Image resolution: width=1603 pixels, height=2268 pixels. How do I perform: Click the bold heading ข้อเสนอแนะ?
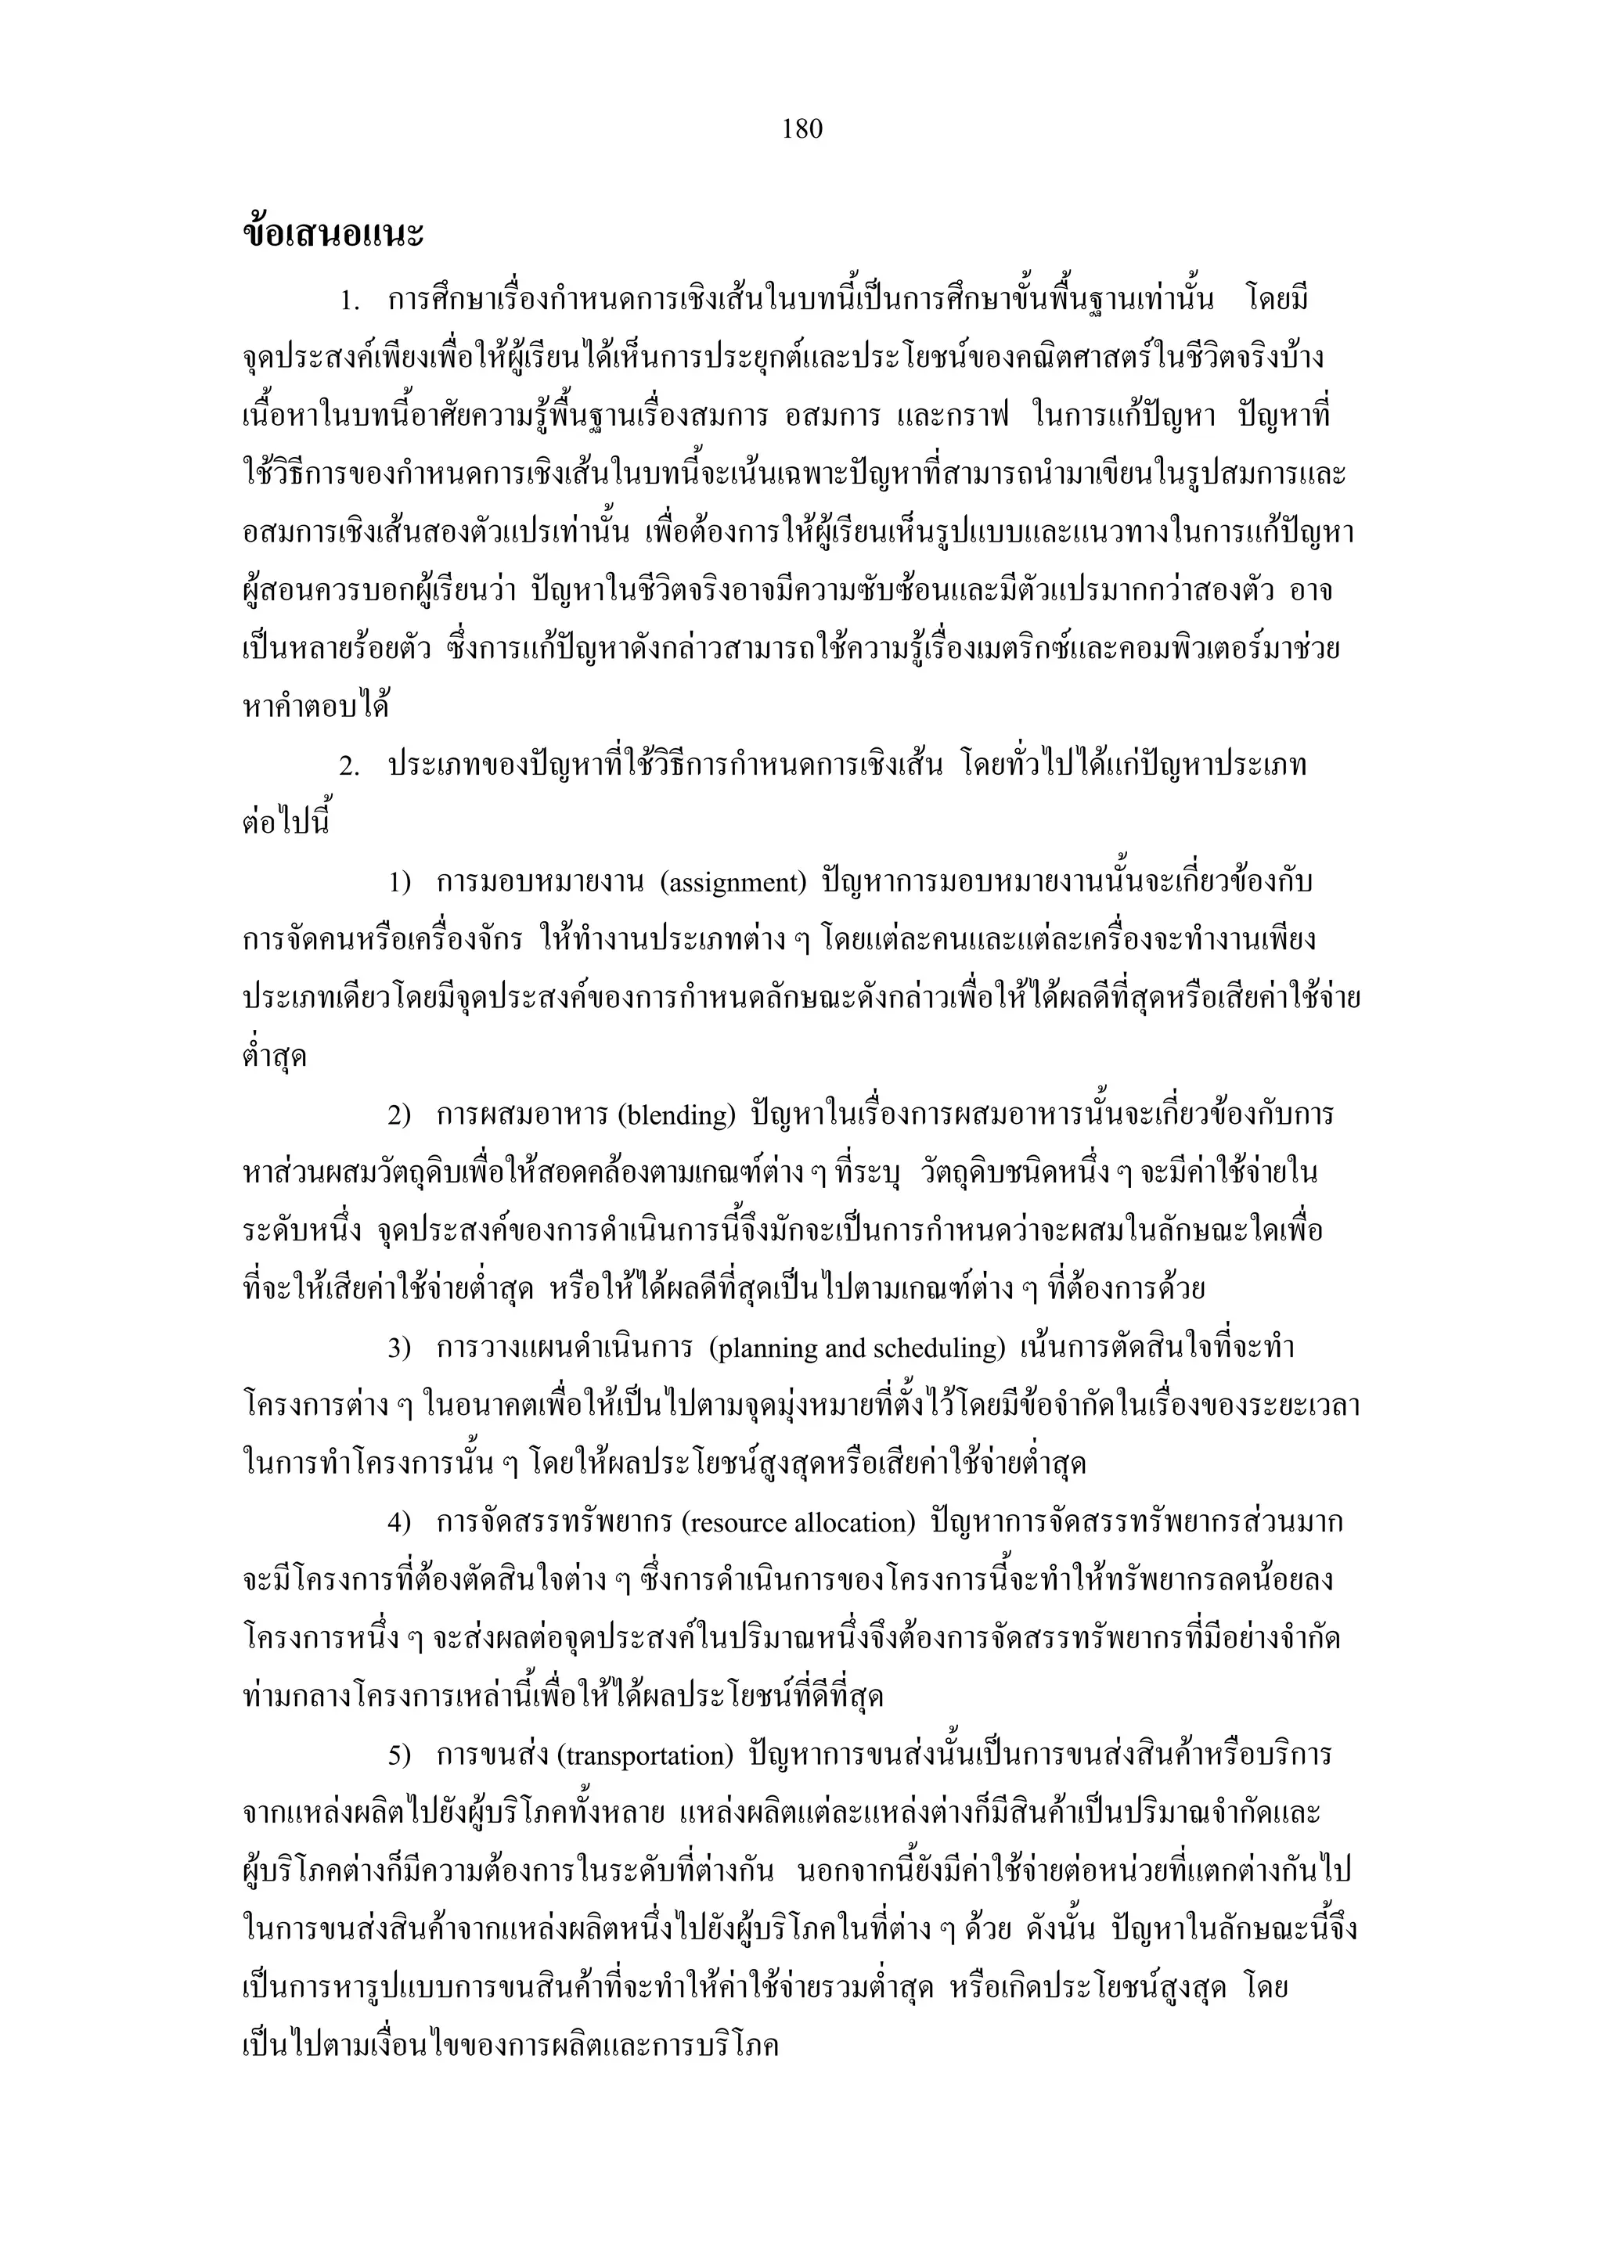[333, 234]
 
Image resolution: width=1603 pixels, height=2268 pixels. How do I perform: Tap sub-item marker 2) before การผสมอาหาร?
[398, 1116]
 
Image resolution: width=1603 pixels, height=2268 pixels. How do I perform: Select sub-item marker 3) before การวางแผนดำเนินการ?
[398, 1349]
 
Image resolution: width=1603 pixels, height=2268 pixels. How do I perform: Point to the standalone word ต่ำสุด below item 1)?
[275, 1057]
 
